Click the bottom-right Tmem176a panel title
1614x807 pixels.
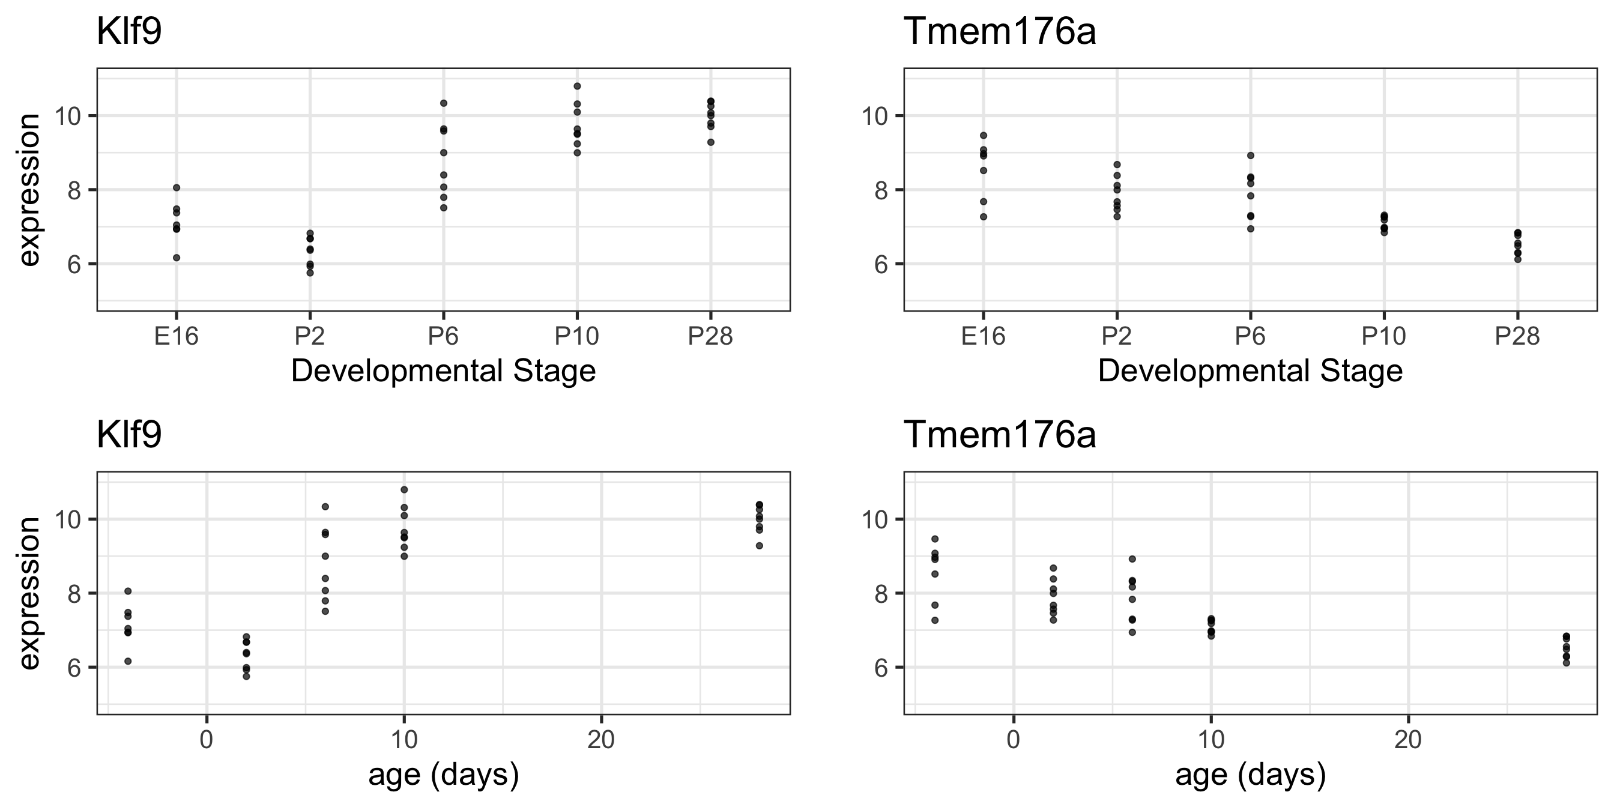click(x=999, y=435)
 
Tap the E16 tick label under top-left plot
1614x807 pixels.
click(x=176, y=337)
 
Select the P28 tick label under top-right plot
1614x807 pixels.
click(x=1517, y=337)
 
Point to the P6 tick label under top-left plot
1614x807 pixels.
click(x=443, y=337)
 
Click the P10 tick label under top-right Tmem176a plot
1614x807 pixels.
click(x=1383, y=337)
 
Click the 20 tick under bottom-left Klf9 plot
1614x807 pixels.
click(x=601, y=740)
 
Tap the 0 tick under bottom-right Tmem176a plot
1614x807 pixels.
click(x=1013, y=740)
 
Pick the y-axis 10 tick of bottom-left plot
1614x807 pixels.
click(x=70, y=519)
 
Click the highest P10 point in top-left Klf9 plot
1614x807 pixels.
click(x=577, y=86)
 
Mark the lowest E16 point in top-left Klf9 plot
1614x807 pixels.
click(x=177, y=258)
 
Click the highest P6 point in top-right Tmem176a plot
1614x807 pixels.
click(x=1250, y=156)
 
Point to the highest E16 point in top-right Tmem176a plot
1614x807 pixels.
click(x=983, y=135)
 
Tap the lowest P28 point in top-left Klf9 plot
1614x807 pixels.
click(x=710, y=142)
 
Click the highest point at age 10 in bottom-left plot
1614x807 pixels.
click(x=404, y=490)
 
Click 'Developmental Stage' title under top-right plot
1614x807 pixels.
click(x=1250, y=371)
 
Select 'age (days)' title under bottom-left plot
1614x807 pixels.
click(x=444, y=776)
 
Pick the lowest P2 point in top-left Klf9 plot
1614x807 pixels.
click(x=309, y=273)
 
